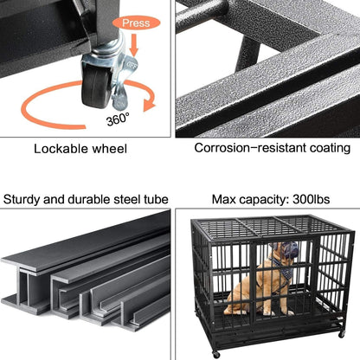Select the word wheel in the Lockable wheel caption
click(x=110, y=149)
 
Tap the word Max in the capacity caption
click(x=223, y=199)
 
